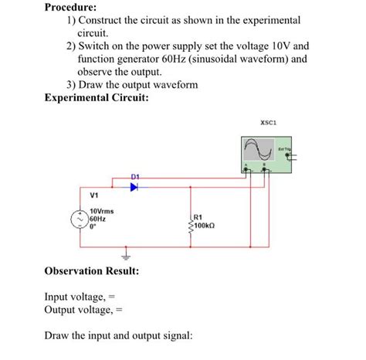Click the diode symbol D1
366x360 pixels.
(134, 186)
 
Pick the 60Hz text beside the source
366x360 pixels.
(100, 219)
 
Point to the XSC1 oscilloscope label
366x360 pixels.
(269, 122)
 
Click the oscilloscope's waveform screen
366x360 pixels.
(259, 148)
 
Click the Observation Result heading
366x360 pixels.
(92, 272)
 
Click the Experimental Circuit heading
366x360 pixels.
(97, 98)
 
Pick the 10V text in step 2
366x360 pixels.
(277, 46)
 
